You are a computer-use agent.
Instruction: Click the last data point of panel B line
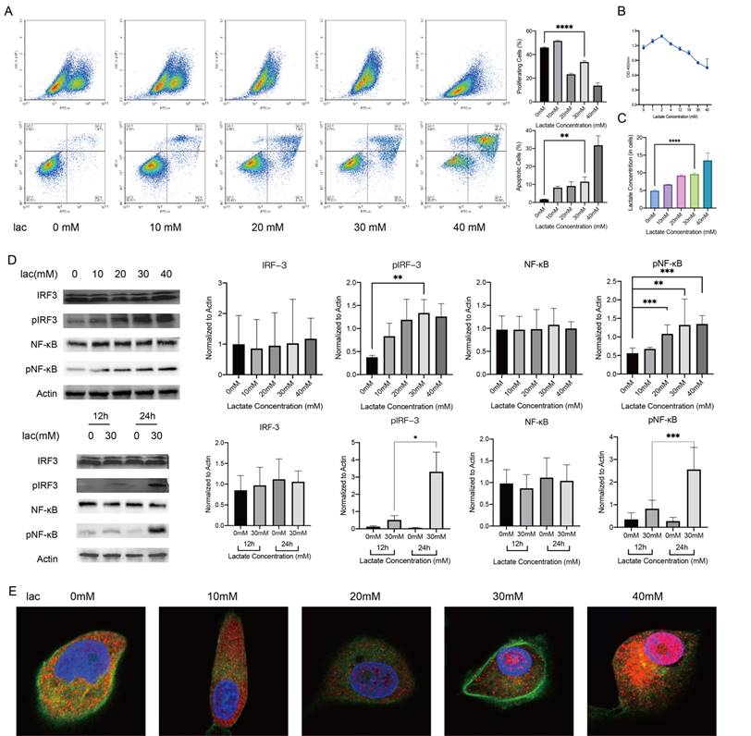coord(708,67)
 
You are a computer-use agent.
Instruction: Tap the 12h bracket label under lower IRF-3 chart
coord(240,533)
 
